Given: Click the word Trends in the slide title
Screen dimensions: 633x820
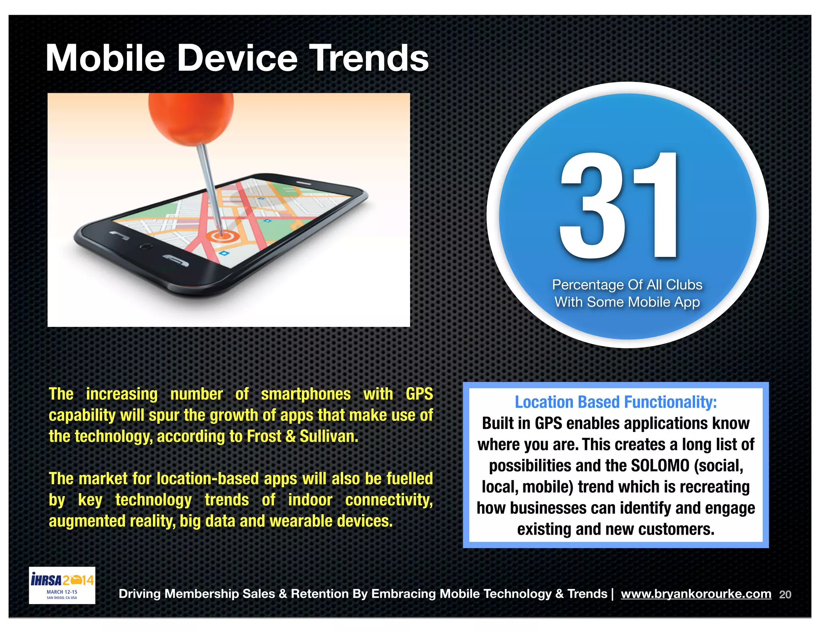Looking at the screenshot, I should pyautogui.click(x=368, y=58).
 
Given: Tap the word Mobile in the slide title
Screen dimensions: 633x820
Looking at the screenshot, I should pyautogui.click(x=105, y=58).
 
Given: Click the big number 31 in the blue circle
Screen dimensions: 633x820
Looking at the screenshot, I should pyautogui.click(x=619, y=206).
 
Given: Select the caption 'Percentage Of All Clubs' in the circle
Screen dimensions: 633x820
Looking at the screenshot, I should pyautogui.click(x=627, y=284).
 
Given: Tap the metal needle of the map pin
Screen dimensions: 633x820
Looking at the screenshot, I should pyautogui.click(x=210, y=184).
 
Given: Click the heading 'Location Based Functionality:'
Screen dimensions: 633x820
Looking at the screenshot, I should pyautogui.click(x=615, y=402).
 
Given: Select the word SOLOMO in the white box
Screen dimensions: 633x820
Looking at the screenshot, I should pyautogui.click(x=660, y=466).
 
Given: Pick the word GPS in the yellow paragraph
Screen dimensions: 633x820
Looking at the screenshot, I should pyautogui.click(x=419, y=394).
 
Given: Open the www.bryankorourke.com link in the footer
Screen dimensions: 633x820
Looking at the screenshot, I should pyautogui.click(x=696, y=594).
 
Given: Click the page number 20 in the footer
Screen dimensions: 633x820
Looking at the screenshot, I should pyautogui.click(x=785, y=595).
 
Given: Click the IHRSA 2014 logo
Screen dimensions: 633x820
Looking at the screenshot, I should pyautogui.click(x=62, y=580).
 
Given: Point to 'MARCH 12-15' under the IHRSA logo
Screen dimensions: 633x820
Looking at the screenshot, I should pyautogui.click(x=62, y=592).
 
